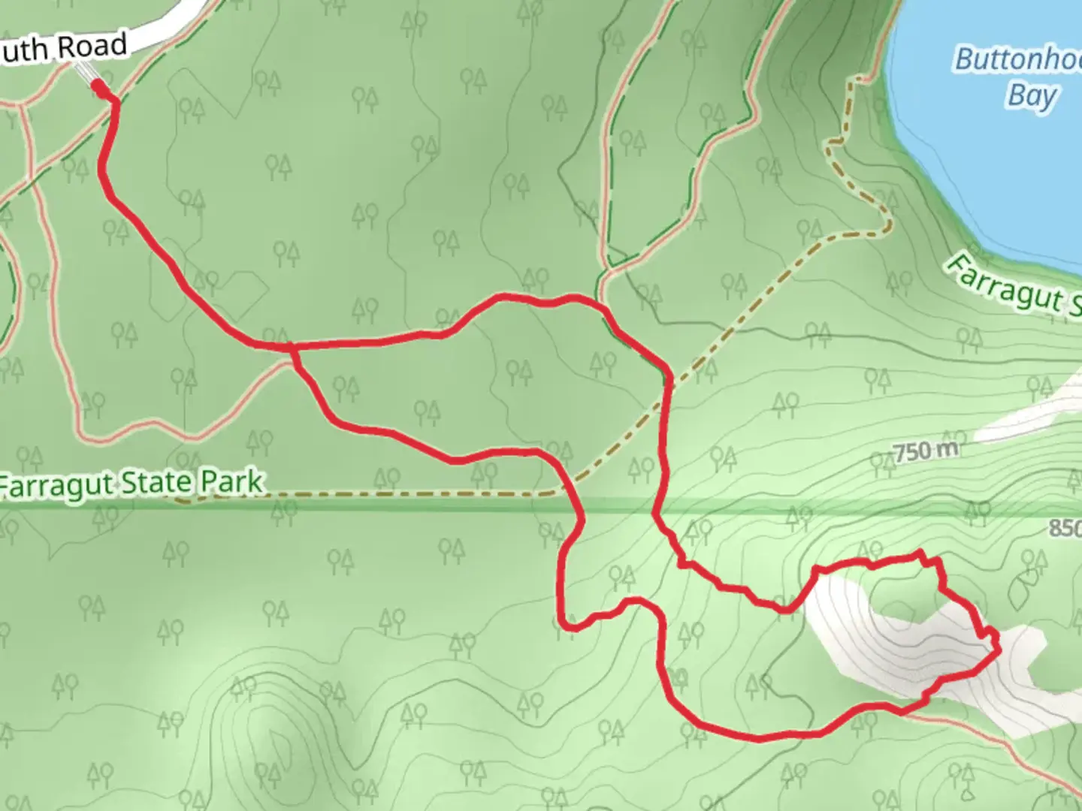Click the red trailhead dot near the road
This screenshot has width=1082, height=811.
tap(98, 88)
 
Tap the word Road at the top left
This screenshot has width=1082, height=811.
tap(92, 47)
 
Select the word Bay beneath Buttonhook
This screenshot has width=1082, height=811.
tap(1032, 96)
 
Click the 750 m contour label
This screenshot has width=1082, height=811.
tap(926, 451)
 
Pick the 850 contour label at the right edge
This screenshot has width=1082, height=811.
tap(1065, 528)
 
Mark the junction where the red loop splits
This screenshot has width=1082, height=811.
tap(292, 347)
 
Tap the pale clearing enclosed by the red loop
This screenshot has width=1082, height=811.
tap(887, 631)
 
